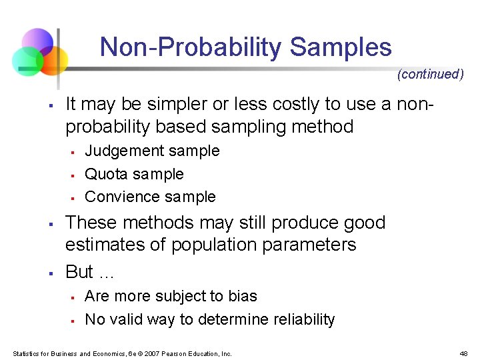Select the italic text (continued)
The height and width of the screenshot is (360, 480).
coord(430,74)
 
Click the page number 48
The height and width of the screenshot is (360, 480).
coord(463,353)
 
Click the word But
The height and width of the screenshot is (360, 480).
coord(79,272)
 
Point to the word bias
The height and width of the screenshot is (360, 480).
coord(243,296)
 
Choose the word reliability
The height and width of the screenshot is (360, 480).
coord(299,319)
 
